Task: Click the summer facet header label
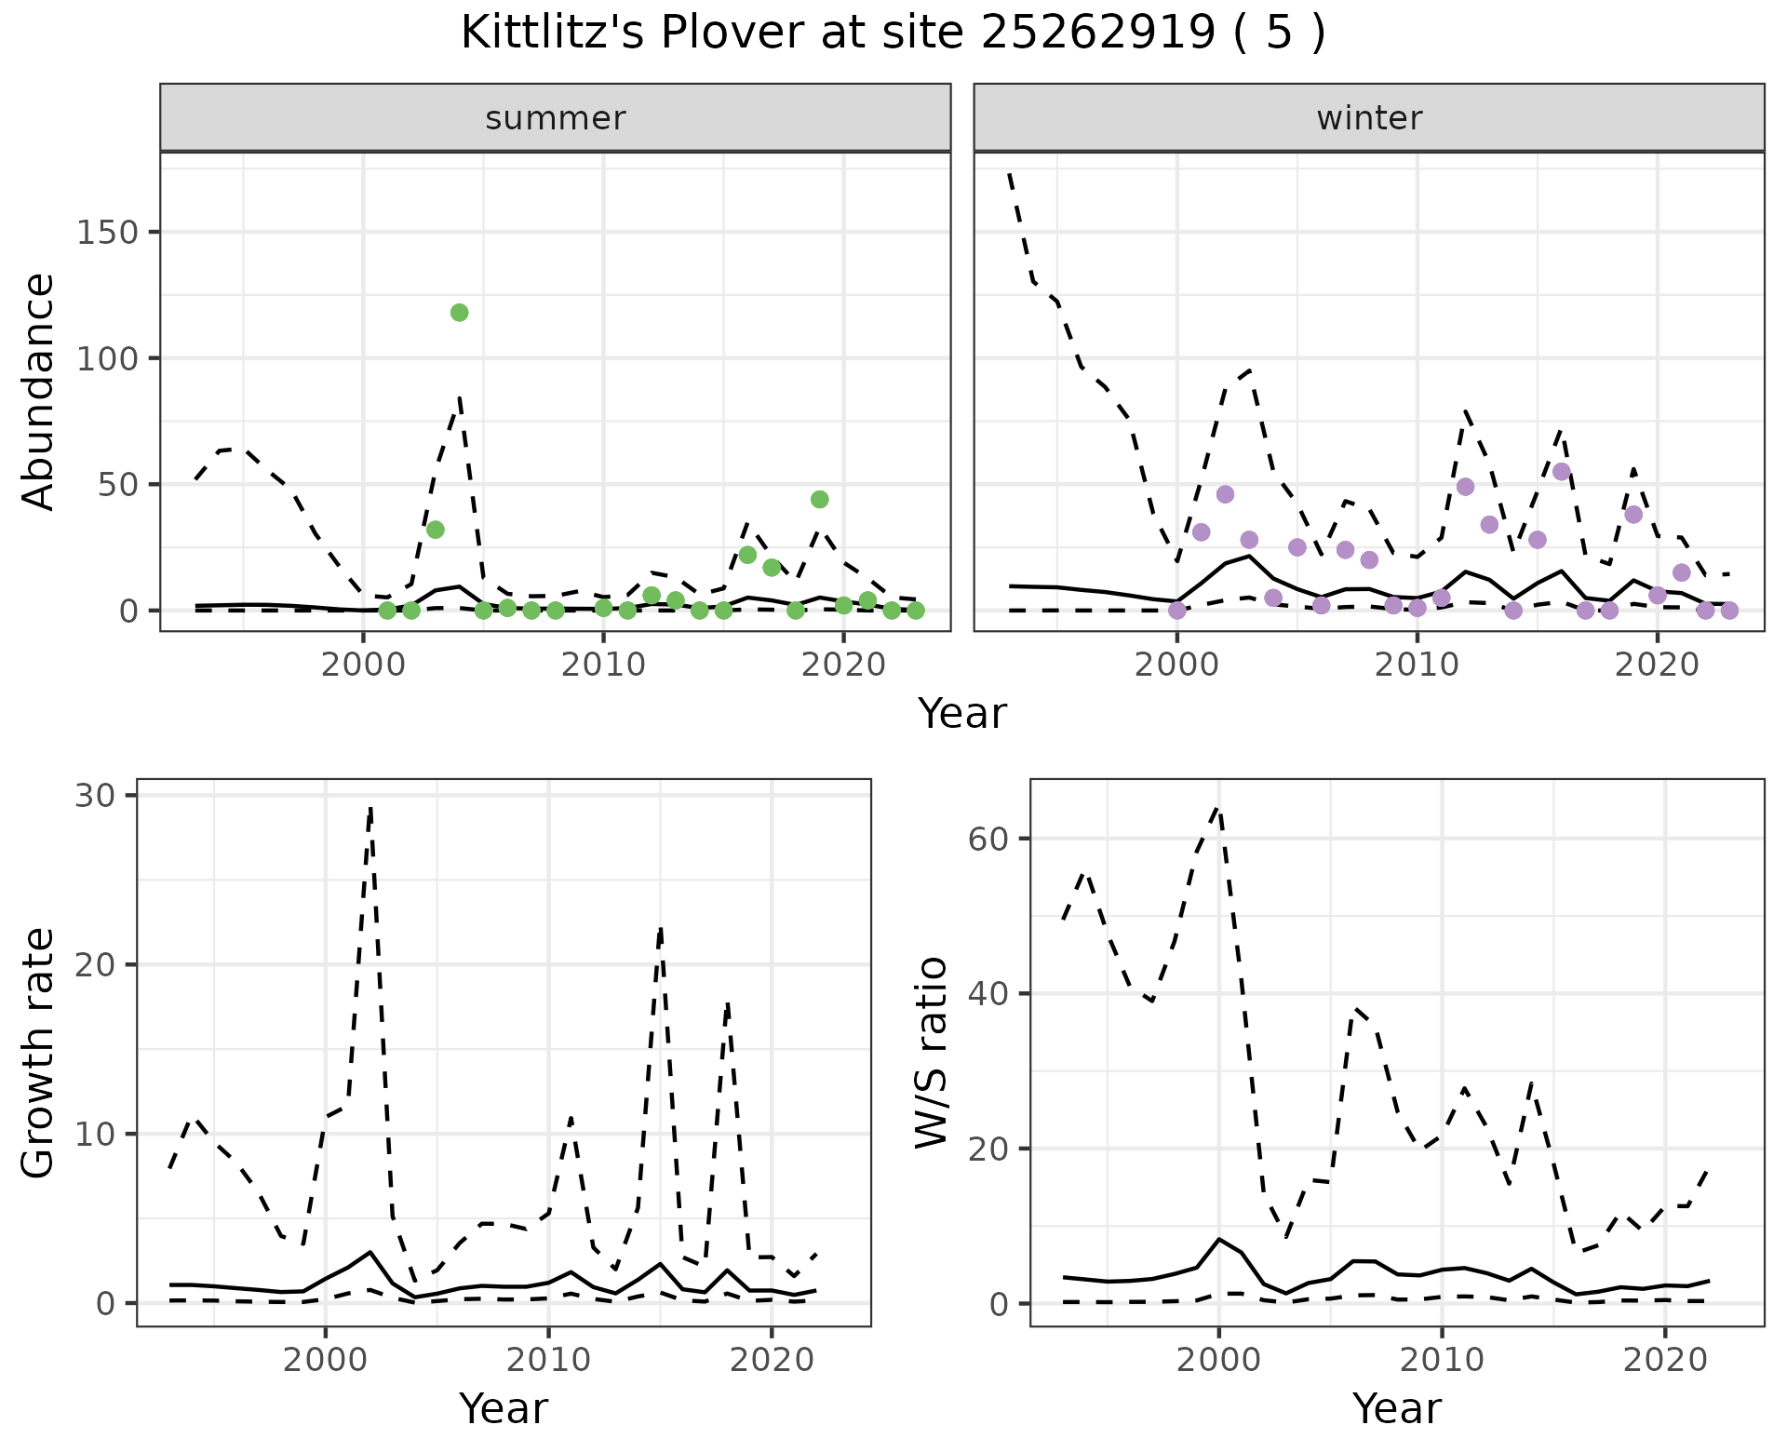click(555, 118)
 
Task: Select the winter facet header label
click(1368, 118)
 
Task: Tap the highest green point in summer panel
click(459, 313)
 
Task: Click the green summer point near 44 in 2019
click(819, 500)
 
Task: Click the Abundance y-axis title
click(39, 391)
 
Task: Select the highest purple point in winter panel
click(1561, 472)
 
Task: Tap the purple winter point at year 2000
click(1176, 611)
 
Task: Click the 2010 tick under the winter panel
click(1417, 665)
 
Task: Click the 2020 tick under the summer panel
click(843, 665)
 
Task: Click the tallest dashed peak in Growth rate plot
click(370, 810)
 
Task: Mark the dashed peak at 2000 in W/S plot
click(1218, 808)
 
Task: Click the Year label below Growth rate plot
click(503, 1408)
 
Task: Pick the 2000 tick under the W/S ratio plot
click(1218, 1360)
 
